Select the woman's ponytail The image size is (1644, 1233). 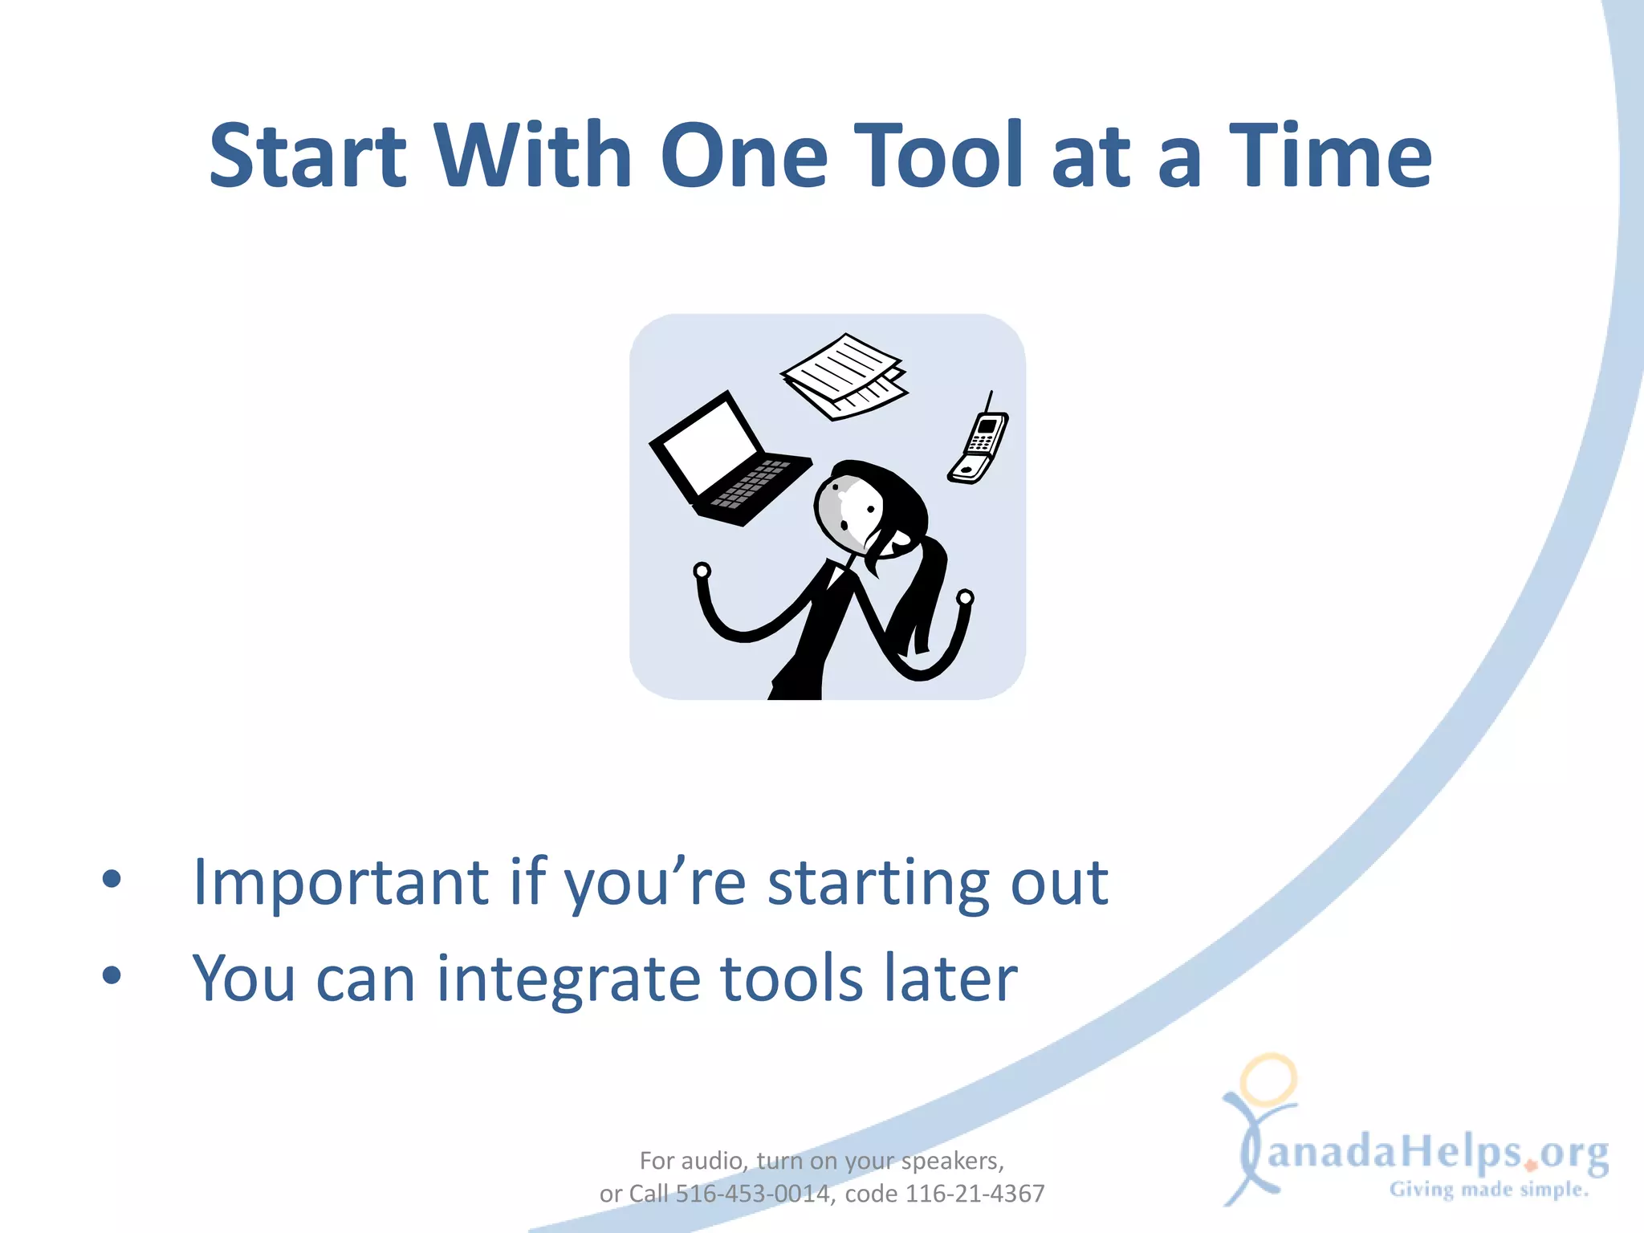(x=923, y=594)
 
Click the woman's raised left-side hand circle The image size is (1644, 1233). (x=702, y=571)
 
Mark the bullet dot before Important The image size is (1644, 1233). (x=112, y=879)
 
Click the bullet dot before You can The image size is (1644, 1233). (x=112, y=975)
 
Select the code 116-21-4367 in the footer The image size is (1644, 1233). (x=975, y=1194)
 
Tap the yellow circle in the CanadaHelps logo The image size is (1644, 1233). (x=1268, y=1080)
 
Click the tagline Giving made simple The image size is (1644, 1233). (x=1489, y=1189)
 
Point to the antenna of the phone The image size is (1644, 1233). (x=989, y=401)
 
